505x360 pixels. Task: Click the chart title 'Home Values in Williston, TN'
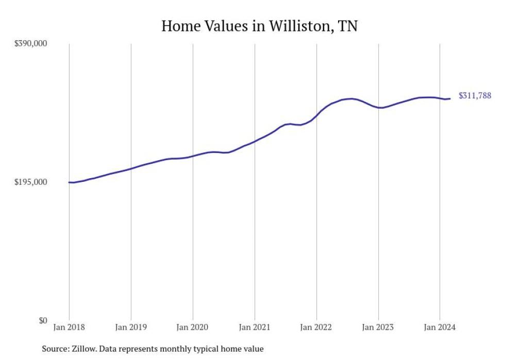pos(259,26)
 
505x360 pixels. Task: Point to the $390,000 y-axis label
pos(30,44)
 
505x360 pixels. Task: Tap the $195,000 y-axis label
pos(30,182)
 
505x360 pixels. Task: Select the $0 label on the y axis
pos(42,321)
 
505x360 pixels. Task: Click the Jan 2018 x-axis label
pos(70,328)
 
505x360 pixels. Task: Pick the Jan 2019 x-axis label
pos(131,328)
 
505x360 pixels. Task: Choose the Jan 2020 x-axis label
pos(193,328)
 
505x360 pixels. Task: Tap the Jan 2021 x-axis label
pos(255,328)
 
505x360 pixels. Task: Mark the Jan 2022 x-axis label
pos(316,328)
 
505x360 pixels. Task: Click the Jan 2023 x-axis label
pos(378,328)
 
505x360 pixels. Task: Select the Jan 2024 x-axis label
pos(440,328)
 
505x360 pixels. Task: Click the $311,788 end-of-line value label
pos(475,95)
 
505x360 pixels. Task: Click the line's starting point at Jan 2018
pos(70,182)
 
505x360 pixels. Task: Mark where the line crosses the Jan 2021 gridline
pos(255,141)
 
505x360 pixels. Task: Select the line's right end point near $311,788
pos(450,98)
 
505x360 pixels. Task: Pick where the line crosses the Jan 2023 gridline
pos(378,108)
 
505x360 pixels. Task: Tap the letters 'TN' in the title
pos(347,26)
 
